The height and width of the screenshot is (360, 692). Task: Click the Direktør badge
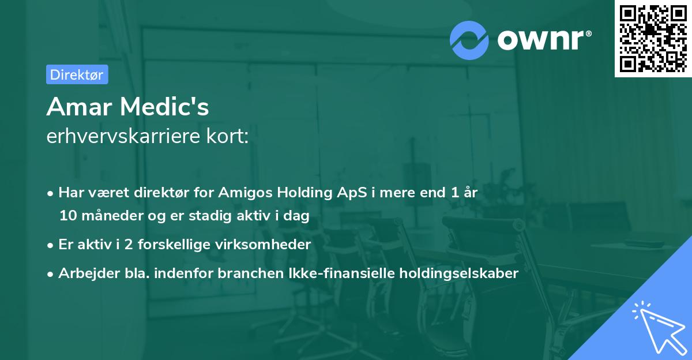77,74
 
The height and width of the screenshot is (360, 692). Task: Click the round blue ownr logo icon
469,40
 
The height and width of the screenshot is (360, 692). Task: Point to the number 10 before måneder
66,216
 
